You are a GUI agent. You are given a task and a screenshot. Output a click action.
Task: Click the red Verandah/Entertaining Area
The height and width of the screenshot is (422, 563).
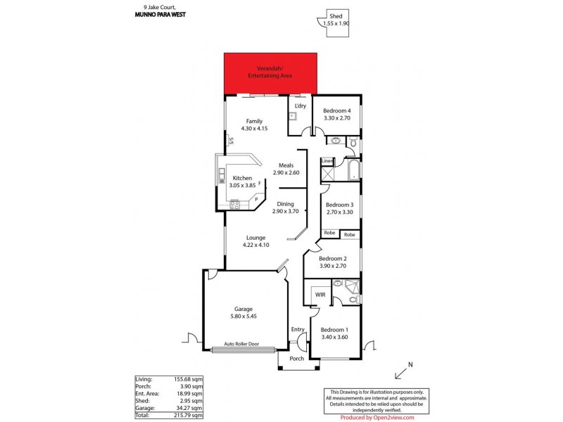click(270, 73)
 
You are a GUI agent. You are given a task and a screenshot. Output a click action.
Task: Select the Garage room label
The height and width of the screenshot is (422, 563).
click(243, 309)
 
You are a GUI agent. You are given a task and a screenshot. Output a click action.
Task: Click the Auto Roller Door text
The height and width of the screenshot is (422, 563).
click(241, 344)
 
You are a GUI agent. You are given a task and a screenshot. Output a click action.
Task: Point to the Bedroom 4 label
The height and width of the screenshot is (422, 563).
click(336, 111)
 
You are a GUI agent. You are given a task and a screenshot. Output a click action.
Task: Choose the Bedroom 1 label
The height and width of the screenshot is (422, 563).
click(334, 330)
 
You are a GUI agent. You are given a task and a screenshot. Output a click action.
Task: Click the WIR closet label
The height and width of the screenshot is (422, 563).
click(319, 293)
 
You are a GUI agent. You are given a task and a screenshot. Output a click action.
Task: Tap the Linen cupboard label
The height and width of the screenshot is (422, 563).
click(327, 161)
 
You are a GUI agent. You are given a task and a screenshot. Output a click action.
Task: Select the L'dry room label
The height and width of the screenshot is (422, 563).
click(301, 106)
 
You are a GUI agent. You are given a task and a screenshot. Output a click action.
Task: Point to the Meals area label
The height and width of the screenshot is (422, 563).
click(286, 165)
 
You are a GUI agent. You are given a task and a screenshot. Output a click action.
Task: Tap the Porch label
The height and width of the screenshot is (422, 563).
click(297, 358)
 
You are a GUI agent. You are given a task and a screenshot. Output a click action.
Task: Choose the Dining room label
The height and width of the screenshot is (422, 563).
click(285, 204)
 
